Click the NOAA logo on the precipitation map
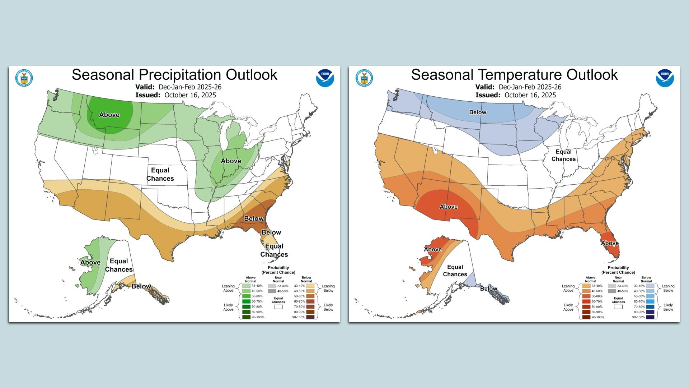pos(325,78)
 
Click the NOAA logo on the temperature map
pos(665,78)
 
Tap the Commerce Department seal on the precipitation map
pos(24,78)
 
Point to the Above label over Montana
pos(109,115)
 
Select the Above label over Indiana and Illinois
pos(231,161)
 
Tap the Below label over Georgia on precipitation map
pos(254,218)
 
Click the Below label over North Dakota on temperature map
pos(478,112)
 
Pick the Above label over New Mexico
pos(449,207)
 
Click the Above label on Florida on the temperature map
pos(610,243)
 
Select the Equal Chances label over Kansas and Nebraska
pos(160,174)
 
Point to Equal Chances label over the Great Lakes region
pos(563,155)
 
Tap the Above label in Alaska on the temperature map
pos(433,249)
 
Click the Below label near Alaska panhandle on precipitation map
pos(141,286)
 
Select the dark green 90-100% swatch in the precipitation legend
pos(246,317)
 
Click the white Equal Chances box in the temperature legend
pos(618,307)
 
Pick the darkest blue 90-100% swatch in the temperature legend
pos(650,317)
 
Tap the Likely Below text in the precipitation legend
pos(328,307)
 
